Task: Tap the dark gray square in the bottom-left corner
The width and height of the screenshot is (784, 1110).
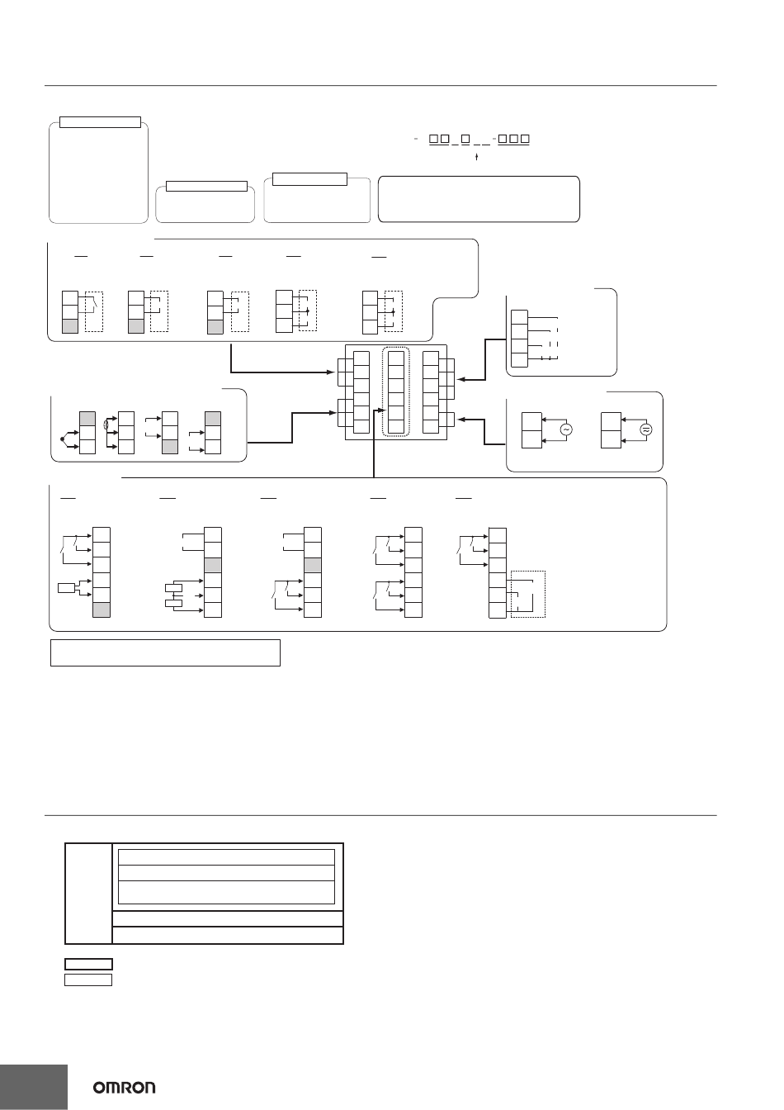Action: pyautogui.click(x=33, y=1087)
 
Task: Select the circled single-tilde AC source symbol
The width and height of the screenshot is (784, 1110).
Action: pyautogui.click(x=566, y=429)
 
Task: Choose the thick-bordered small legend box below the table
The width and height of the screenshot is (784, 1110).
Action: pyautogui.click(x=88, y=964)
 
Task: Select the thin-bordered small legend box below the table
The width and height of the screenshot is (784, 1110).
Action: pyautogui.click(x=88, y=980)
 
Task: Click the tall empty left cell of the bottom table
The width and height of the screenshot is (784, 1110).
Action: pyautogui.click(x=88, y=893)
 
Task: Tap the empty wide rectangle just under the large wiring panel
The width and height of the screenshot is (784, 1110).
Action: pyautogui.click(x=165, y=652)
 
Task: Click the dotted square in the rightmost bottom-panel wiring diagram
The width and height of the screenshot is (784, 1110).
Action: pyautogui.click(x=528, y=594)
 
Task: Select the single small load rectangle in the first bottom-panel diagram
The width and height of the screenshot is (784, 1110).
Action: pyautogui.click(x=67, y=588)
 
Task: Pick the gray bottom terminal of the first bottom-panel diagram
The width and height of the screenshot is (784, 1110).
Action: pyautogui.click(x=102, y=610)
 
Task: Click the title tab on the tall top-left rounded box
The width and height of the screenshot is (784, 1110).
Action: pyautogui.click(x=101, y=122)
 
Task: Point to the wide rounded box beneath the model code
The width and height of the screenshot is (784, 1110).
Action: pyautogui.click(x=479, y=198)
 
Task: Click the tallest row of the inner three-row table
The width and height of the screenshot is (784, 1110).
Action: pyautogui.click(x=227, y=892)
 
